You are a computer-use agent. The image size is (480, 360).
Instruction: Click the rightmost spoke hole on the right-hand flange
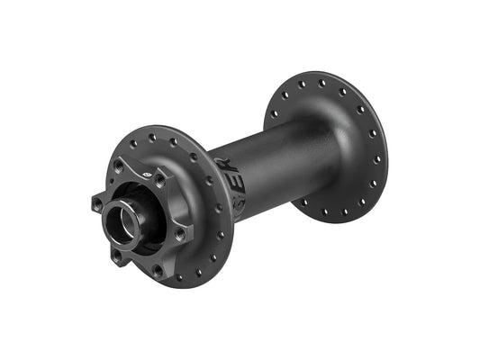point(377,157)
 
